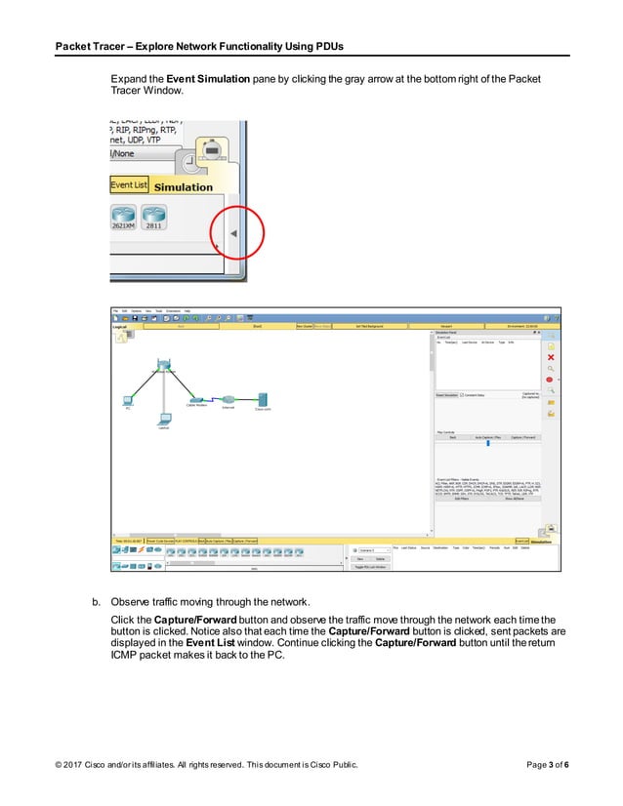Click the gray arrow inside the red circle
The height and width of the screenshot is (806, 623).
(x=232, y=235)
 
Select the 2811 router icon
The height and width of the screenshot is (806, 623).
(x=153, y=218)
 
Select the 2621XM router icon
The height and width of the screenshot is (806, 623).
(x=124, y=218)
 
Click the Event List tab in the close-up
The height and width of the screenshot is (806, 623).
(x=128, y=184)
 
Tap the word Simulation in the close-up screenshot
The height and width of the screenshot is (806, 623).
(x=183, y=186)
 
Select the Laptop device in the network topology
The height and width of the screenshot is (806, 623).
(x=164, y=421)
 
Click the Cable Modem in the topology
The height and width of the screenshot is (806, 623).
(x=196, y=399)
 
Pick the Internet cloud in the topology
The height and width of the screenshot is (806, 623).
(x=228, y=400)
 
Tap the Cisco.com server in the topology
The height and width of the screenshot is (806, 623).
(x=263, y=399)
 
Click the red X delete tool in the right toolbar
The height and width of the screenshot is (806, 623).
(x=551, y=358)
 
